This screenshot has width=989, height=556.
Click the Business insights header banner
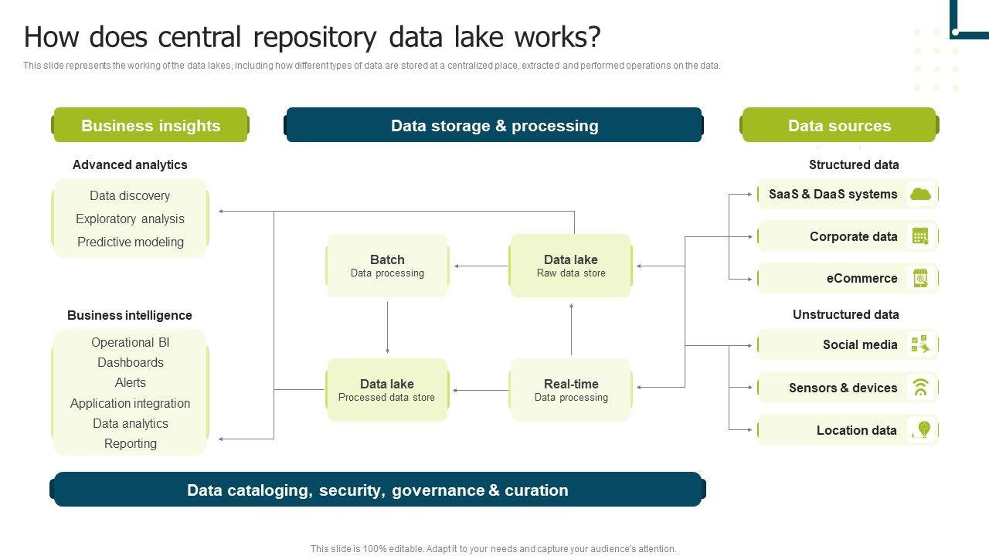[x=151, y=125]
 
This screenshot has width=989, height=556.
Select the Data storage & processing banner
[x=494, y=125]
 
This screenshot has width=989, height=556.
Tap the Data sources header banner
[x=839, y=125]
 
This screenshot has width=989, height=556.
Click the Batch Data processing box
[x=387, y=266]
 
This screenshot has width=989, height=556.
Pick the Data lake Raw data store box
[x=571, y=266]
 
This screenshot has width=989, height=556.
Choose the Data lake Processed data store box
[x=387, y=390]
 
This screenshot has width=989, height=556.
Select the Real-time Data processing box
[x=571, y=390]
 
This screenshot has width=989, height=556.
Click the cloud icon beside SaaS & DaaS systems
[x=920, y=195]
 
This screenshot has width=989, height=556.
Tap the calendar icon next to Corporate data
[x=920, y=236]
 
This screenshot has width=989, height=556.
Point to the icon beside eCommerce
[x=920, y=278]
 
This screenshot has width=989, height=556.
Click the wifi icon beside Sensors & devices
[x=920, y=388]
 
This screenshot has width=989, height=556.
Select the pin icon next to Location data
[x=922, y=430]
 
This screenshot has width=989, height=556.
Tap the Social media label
[x=860, y=345]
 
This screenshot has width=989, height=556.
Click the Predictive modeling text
[x=131, y=242]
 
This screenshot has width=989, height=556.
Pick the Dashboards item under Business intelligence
[x=131, y=362]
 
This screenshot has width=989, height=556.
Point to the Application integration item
[x=130, y=403]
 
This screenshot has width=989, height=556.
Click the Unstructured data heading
[x=845, y=314]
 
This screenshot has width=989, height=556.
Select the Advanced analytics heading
[x=130, y=164]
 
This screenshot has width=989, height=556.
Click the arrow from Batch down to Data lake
[x=387, y=327]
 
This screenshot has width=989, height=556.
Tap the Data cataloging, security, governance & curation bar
[x=378, y=490]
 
